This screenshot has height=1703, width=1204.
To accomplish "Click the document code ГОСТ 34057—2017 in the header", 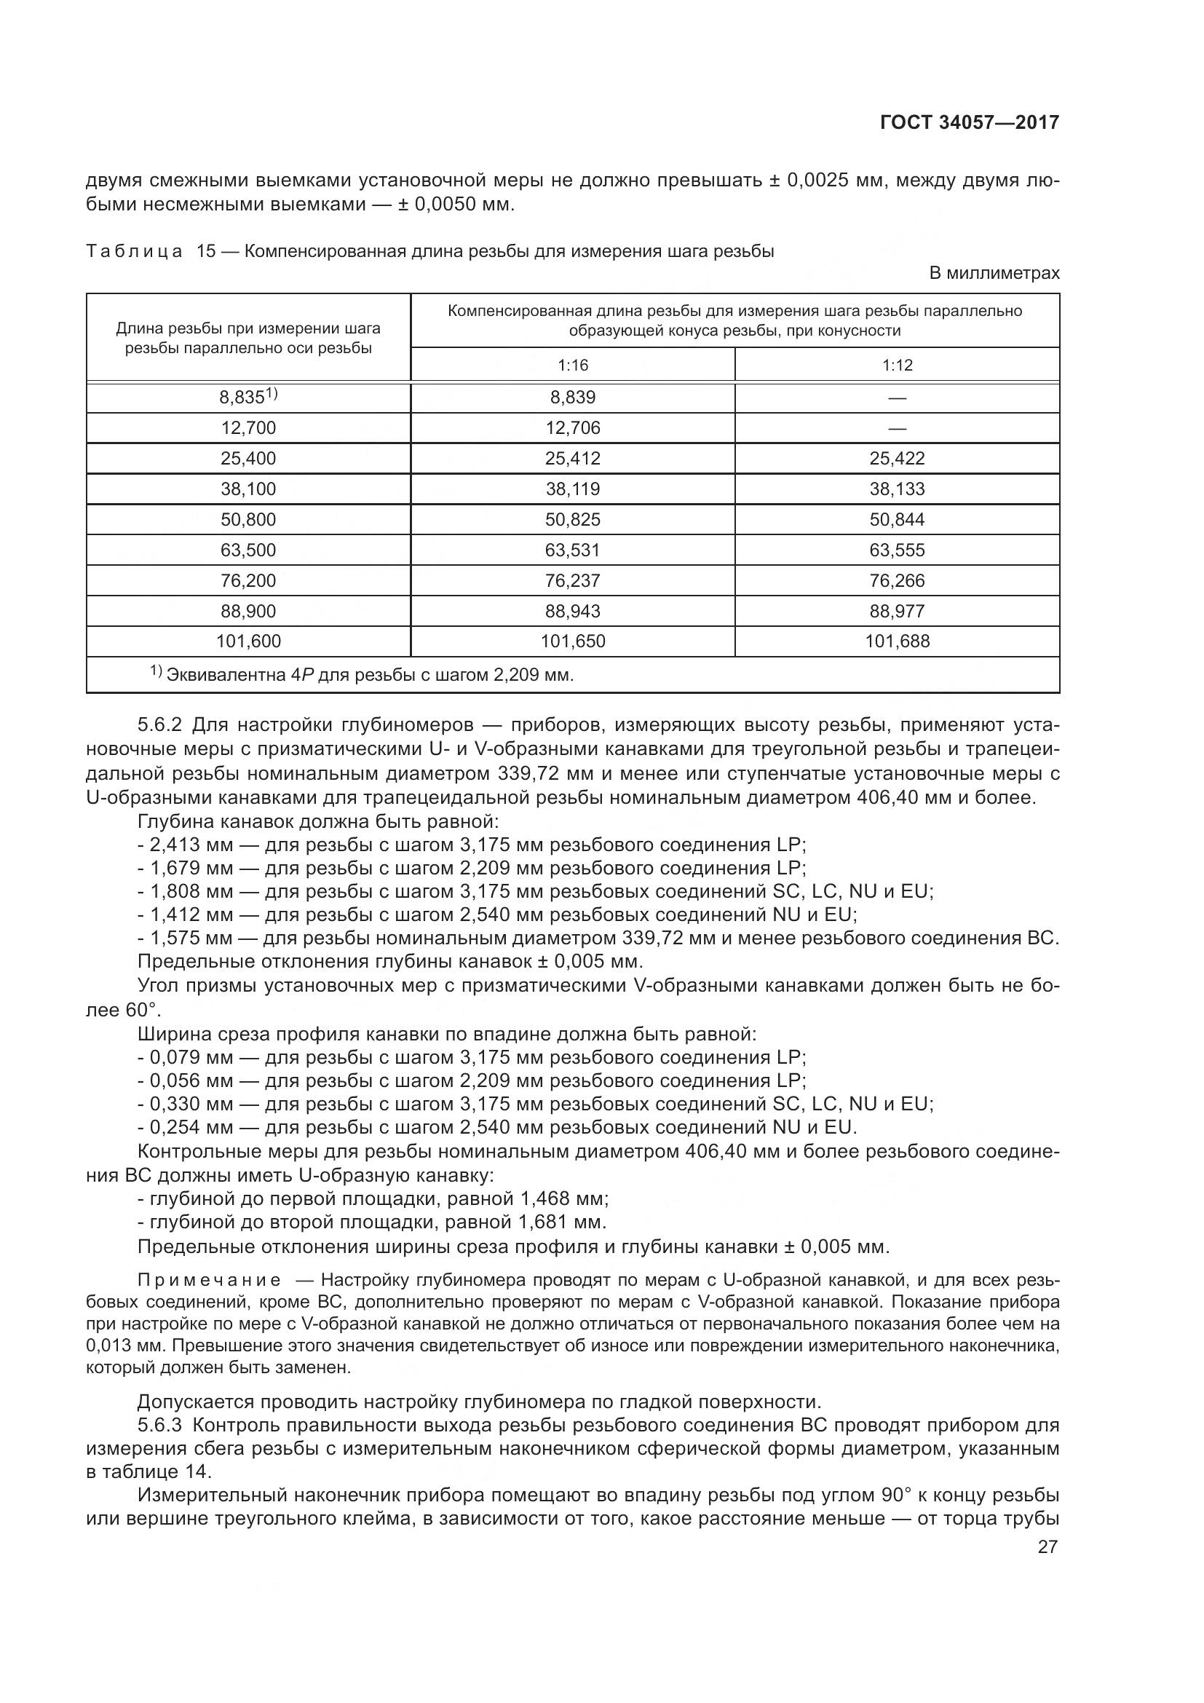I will click(969, 122).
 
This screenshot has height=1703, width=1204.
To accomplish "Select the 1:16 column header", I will click(572, 365).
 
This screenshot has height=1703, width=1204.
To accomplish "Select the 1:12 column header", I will click(897, 365).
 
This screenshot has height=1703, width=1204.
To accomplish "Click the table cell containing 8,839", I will click(572, 398).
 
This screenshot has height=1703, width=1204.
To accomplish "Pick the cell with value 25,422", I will click(897, 459).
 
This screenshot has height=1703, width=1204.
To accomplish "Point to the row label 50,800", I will click(248, 519).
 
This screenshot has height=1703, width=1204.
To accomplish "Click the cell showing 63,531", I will click(572, 550).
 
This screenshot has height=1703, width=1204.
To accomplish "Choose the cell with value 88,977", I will click(897, 611).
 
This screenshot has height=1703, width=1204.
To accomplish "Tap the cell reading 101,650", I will click(572, 641).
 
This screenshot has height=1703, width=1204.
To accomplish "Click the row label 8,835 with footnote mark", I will click(248, 398).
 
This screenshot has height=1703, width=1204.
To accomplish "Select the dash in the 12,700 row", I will click(897, 428).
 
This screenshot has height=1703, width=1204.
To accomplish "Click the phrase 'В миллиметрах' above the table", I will click(994, 273).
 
